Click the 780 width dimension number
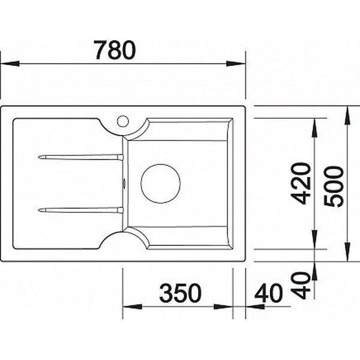115,50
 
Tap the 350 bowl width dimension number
180,293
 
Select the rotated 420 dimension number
301,183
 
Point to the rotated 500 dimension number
334,186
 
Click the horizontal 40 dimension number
269,293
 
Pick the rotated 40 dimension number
301,285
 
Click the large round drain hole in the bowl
160,184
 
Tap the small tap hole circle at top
123,121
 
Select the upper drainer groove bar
80,157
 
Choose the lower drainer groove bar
80,210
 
